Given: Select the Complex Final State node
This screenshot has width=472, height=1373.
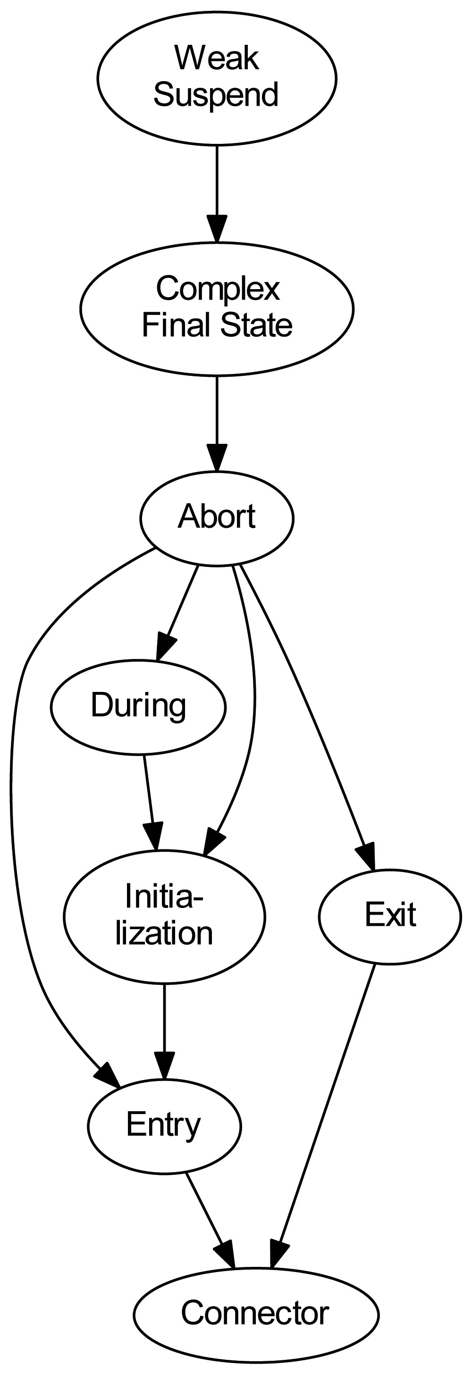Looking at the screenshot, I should point(217,308).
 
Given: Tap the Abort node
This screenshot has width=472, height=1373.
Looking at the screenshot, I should point(217,517).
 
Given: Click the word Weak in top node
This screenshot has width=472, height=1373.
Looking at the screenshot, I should point(217,58).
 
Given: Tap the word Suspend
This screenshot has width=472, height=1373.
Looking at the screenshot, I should point(216,95).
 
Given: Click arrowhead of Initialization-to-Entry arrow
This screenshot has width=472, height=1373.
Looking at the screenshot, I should point(164,1066).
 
